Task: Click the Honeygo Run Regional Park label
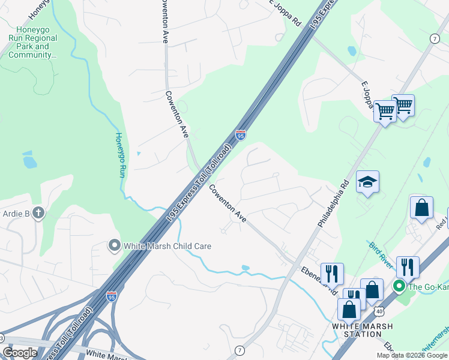pos(33,42)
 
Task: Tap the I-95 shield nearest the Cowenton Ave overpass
pos(241,136)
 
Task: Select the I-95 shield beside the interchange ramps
pos(111,296)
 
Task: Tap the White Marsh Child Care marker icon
pos(115,245)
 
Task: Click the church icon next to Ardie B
pos(38,213)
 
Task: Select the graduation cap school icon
pos(367,181)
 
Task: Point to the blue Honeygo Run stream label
pos(119,155)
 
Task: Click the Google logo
pos(20,353)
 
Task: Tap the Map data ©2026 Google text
pos(411,355)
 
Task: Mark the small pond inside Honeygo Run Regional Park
pos(29,161)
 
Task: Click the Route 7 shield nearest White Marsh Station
pos(240,350)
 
